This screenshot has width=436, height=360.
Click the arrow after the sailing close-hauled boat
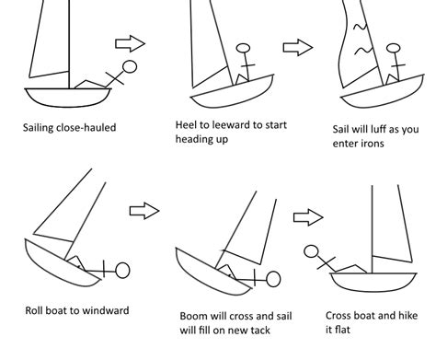130,43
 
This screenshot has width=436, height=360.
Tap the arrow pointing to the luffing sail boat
298,48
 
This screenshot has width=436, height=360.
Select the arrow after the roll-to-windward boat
144,211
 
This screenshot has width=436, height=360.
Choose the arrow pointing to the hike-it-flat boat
308,217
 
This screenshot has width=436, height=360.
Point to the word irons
373,144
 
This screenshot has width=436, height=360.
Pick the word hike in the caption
407,316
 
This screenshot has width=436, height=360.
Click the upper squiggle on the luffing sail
361,27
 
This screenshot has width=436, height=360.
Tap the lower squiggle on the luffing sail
363,51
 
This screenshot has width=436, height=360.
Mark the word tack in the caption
260,331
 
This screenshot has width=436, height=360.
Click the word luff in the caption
377,129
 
